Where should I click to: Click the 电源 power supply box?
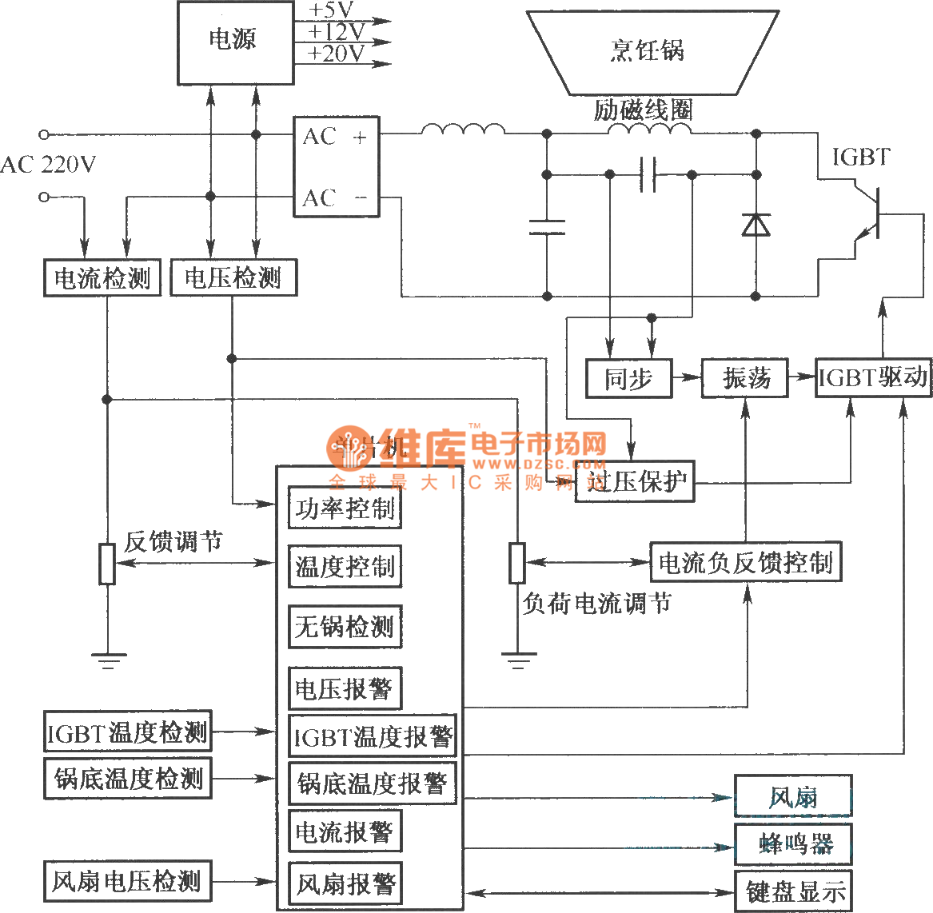(x=235, y=42)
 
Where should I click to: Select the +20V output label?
(x=337, y=54)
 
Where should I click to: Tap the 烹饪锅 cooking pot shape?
(x=650, y=51)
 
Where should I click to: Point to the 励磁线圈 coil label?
(x=642, y=110)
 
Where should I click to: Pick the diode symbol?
(x=756, y=225)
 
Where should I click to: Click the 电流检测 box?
(x=102, y=278)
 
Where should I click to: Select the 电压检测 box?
(x=233, y=278)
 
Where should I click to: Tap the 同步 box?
(x=628, y=377)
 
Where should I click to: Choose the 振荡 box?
(x=745, y=377)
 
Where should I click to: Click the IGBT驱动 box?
(x=873, y=377)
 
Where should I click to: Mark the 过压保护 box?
(x=635, y=481)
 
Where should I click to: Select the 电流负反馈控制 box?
(x=745, y=562)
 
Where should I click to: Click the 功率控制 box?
(x=345, y=508)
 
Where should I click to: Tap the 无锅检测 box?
(x=345, y=626)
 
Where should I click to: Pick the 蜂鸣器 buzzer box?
(x=793, y=843)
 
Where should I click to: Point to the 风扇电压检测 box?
(x=126, y=882)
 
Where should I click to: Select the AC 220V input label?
(x=48, y=165)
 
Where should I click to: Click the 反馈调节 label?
(x=173, y=541)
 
